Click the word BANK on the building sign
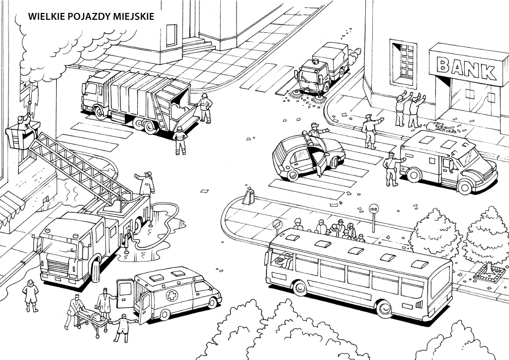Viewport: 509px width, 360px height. point(466,69)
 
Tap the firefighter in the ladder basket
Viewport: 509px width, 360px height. point(22,122)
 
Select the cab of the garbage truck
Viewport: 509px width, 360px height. point(94,94)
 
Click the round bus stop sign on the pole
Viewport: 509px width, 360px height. point(373,209)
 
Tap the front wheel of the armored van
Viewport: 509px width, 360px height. point(465,186)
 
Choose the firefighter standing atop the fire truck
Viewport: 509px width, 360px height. point(147,183)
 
